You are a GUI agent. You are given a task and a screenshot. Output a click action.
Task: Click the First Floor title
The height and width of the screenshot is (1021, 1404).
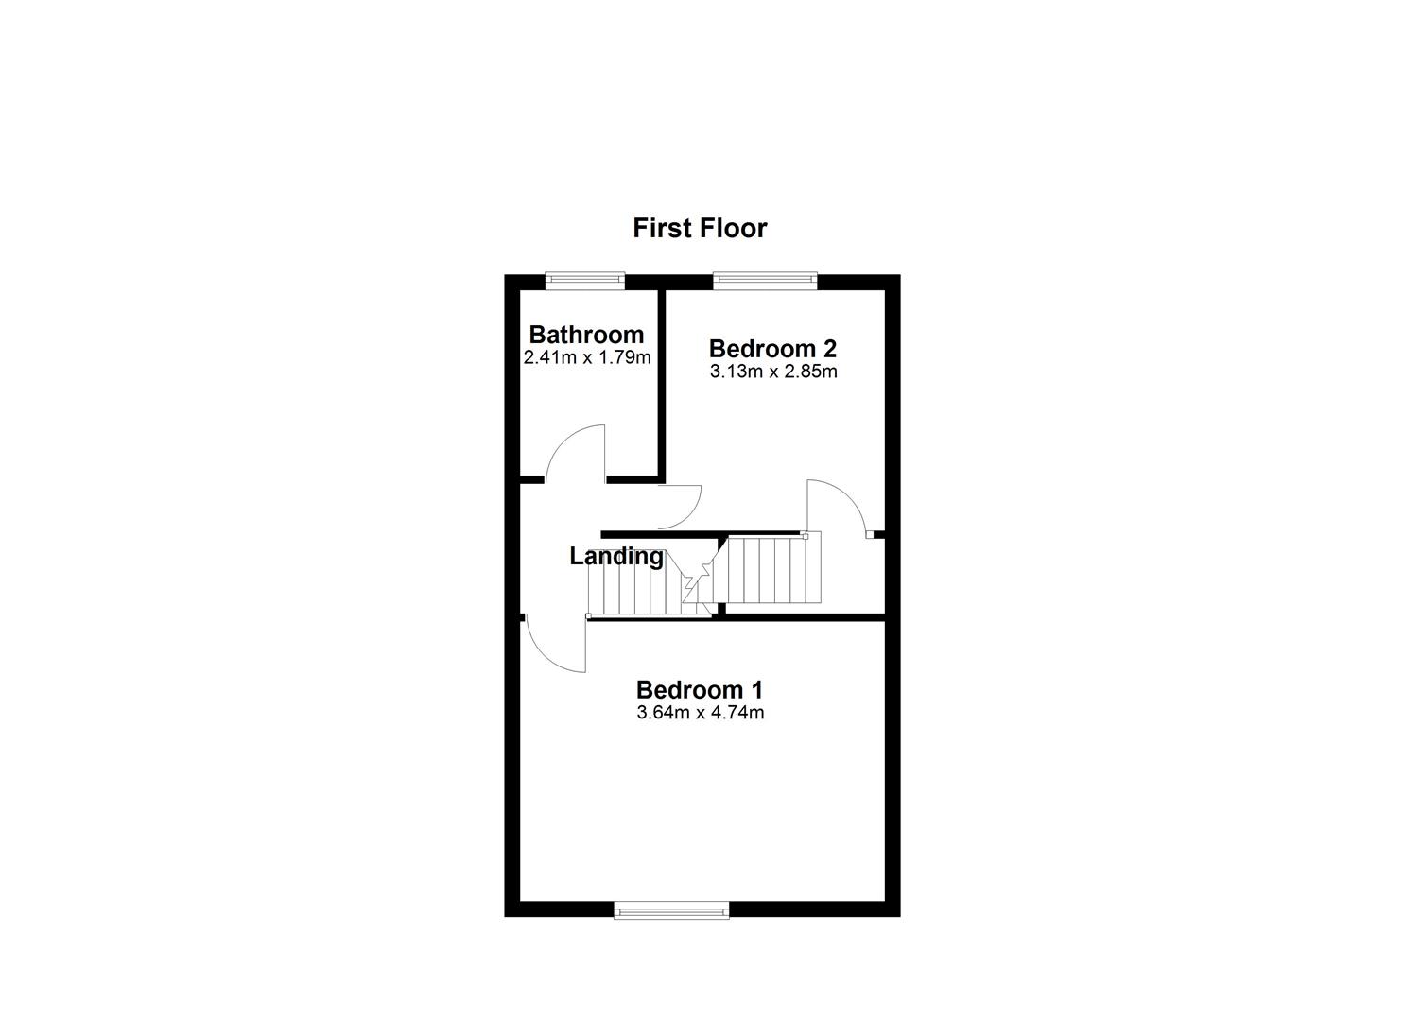[699, 228]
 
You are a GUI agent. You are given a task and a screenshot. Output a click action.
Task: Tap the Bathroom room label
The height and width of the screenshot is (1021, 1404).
[586, 335]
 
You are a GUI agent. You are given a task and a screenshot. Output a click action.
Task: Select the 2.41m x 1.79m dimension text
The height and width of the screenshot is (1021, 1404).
[586, 357]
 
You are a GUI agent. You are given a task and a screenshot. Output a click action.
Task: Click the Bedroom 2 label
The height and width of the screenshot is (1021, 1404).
[772, 349]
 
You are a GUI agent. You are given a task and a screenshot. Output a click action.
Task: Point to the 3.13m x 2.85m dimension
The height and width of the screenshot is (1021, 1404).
[772, 372]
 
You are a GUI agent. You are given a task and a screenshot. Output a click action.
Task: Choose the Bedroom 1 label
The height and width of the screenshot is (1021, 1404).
[699, 690]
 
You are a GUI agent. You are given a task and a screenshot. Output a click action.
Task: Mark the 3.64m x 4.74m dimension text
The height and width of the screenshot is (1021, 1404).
[700, 713]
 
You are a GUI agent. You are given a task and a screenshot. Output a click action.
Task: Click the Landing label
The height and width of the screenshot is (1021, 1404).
[615, 557]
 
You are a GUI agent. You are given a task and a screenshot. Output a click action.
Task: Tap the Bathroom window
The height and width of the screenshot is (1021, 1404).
[585, 278]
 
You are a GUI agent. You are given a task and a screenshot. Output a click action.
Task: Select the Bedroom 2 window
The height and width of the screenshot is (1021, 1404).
[764, 278]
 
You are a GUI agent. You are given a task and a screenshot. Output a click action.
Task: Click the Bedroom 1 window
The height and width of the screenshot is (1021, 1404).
[671, 910]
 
